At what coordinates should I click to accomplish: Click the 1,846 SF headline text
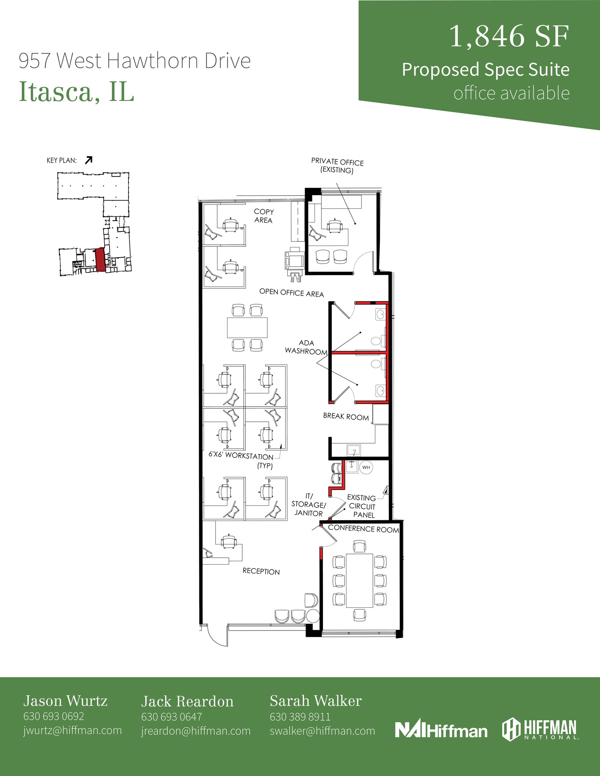509,37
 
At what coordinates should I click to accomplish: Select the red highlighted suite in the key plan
100,260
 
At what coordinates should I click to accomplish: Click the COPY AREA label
263,216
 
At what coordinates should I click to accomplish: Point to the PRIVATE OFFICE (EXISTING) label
337,166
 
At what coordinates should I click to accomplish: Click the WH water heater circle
366,467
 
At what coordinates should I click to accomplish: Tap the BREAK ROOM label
346,417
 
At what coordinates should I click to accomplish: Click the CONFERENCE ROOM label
363,529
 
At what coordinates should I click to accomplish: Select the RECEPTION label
261,571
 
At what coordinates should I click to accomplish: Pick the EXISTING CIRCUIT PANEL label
362,507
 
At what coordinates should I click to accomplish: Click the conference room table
358,580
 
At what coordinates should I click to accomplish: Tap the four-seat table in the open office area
247,327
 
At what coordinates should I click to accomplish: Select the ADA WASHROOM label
306,347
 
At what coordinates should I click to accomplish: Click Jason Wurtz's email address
72,730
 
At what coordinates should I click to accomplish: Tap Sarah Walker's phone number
300,717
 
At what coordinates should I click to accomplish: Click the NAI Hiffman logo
441,729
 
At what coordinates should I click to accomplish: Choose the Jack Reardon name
187,701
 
